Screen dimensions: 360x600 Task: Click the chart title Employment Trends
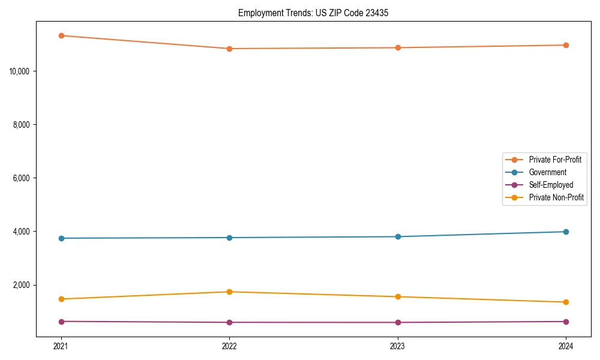[313, 13]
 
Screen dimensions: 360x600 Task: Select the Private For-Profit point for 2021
[61, 35]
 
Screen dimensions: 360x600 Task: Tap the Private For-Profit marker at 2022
[229, 49]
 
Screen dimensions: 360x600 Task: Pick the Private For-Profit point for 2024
[566, 45]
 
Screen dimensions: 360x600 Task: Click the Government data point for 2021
[61, 238]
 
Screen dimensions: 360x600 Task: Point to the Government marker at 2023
[398, 236]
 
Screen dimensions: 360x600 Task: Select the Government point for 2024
[566, 232]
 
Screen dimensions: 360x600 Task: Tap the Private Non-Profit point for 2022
[229, 292]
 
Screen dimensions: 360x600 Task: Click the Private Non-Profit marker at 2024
[566, 302]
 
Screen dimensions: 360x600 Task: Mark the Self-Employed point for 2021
[61, 322]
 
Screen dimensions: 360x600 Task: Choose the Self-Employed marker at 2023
[398, 322]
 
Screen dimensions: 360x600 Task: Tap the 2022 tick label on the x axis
[229, 346]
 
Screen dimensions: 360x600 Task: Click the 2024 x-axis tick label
[566, 346]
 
